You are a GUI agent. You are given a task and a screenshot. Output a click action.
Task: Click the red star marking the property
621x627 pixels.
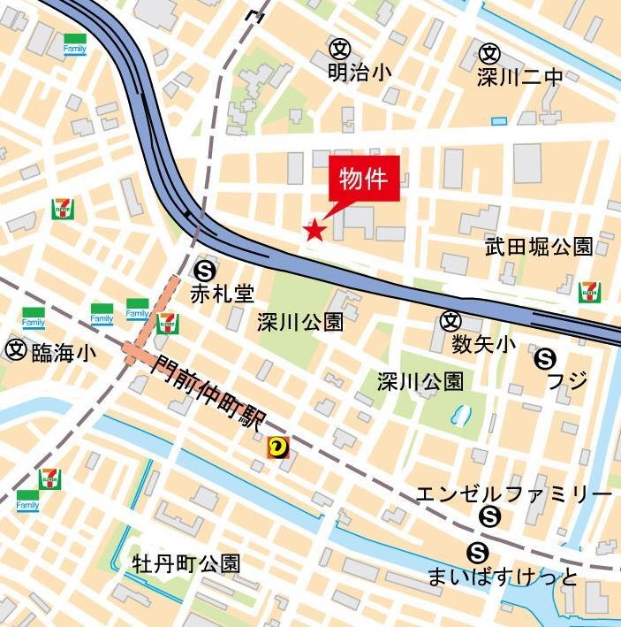(x=314, y=231)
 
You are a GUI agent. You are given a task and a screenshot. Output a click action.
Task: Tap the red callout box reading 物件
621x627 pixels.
(x=365, y=180)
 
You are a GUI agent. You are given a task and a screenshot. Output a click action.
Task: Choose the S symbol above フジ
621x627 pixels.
(x=545, y=358)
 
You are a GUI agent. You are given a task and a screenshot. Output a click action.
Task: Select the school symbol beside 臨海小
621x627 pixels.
(x=15, y=350)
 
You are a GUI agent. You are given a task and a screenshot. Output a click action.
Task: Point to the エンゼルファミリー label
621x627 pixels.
(x=512, y=493)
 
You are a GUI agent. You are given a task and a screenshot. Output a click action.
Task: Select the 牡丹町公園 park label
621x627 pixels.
(x=186, y=563)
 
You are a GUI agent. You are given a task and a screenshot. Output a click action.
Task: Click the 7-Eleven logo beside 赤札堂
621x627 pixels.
(x=166, y=324)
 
